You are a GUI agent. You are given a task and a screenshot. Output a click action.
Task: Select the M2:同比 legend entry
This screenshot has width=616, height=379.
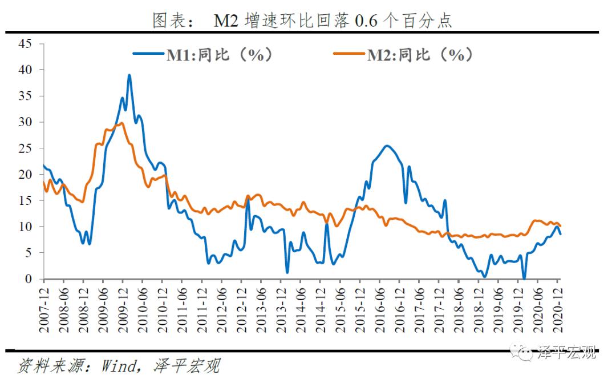click(419, 55)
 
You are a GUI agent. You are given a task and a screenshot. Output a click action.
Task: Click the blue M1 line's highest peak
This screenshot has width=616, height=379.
click(129, 75)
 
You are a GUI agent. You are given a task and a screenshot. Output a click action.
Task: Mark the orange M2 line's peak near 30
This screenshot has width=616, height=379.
click(121, 123)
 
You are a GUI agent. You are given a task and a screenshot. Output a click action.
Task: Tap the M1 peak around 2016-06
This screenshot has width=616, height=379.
click(387, 146)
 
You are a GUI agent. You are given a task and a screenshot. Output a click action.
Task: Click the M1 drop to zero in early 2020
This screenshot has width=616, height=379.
click(524, 279)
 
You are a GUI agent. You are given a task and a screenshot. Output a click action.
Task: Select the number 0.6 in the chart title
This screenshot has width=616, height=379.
click(364, 22)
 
